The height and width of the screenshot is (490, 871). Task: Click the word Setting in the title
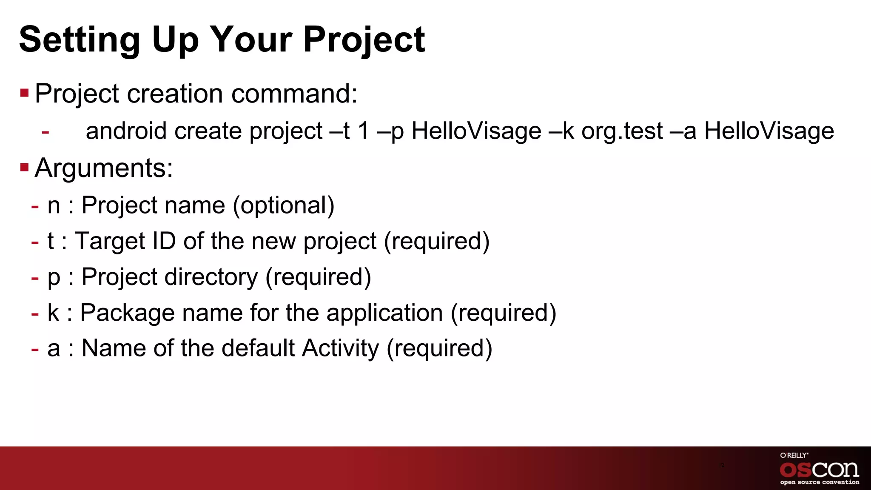80,40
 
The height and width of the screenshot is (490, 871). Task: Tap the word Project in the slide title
364,40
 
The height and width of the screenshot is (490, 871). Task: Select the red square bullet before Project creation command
24,92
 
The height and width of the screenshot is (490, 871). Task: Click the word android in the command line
126,131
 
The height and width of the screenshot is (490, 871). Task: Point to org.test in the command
622,131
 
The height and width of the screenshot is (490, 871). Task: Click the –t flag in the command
339,131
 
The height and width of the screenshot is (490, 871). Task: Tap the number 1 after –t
363,131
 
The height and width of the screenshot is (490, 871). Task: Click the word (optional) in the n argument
284,205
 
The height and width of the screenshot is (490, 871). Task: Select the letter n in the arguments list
54,205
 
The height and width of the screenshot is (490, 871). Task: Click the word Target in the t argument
110,241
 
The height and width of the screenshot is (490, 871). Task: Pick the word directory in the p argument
211,277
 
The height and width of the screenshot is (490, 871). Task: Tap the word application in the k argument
384,313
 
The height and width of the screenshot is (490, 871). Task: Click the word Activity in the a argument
340,348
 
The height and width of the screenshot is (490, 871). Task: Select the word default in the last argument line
258,348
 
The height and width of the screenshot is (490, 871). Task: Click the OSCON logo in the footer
819,470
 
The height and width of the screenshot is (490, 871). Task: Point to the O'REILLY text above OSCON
794,455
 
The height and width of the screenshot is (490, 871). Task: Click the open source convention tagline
819,482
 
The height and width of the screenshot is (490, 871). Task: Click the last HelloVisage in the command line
769,131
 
